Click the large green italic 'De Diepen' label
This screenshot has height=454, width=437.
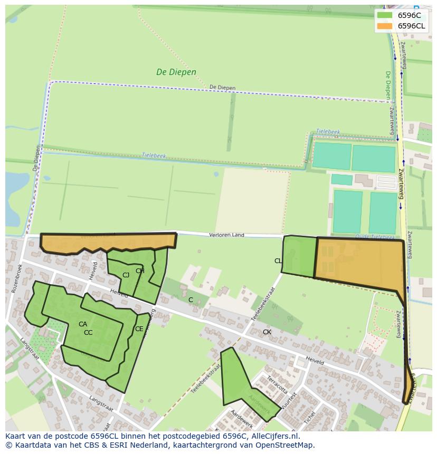176,72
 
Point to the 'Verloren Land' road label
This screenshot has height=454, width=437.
226,235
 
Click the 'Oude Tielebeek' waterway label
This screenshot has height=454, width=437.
375,237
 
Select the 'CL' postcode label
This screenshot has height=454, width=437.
278,261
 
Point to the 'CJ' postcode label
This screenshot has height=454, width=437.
126,275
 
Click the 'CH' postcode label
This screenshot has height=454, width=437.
140,271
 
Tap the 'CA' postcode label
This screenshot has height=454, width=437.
83,324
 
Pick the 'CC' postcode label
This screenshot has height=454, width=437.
88,333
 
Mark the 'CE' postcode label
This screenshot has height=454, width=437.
139,329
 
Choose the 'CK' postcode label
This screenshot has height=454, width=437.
267,332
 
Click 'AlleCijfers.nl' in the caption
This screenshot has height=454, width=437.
274,436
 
